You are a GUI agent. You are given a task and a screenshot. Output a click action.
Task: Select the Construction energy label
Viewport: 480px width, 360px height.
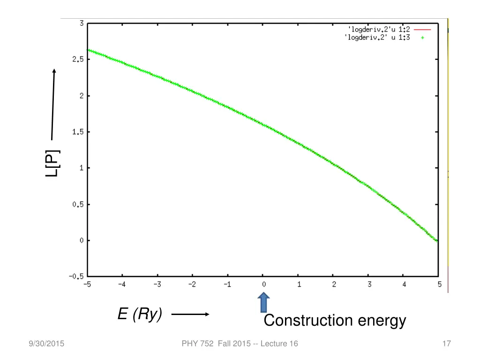pyautogui.click(x=335, y=321)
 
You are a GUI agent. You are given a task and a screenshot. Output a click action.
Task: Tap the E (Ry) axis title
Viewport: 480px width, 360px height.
pyautogui.click(x=140, y=314)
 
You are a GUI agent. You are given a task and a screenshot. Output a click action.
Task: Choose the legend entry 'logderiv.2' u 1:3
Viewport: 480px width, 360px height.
pyautogui.click(x=377, y=37)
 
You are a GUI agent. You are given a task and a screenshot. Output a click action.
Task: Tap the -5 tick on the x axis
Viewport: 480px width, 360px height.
pyautogui.click(x=87, y=284)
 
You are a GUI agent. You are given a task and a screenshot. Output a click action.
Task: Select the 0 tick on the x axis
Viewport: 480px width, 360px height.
pyautogui.click(x=263, y=284)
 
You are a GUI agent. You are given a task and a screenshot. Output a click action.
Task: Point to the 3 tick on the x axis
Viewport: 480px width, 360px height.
pyautogui.click(x=369, y=284)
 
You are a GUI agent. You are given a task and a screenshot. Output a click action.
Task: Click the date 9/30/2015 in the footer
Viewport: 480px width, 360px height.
pyautogui.click(x=46, y=344)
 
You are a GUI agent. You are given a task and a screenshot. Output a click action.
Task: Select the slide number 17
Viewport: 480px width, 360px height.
pyautogui.click(x=446, y=344)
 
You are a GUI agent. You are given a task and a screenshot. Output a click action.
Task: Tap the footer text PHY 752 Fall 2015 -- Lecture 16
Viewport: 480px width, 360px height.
pyautogui.click(x=240, y=344)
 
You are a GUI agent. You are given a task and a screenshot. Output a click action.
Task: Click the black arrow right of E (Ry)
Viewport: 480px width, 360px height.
pyautogui.click(x=190, y=315)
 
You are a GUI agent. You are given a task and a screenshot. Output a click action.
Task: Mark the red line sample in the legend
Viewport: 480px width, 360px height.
pyautogui.click(x=422, y=29)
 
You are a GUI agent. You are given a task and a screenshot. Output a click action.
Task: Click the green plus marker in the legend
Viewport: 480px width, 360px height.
pyautogui.click(x=422, y=37)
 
